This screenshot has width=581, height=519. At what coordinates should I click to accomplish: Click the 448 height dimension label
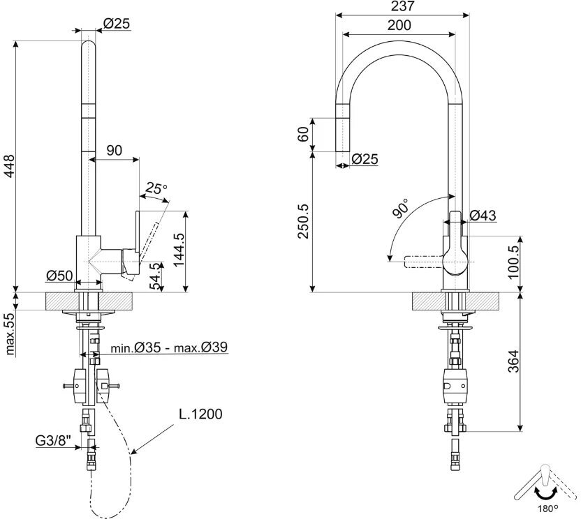point(9,165)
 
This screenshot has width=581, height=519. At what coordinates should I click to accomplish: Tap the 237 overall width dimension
point(402,6)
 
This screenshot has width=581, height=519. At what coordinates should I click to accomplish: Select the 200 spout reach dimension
point(399,25)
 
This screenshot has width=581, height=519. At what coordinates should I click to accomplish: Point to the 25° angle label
point(156,188)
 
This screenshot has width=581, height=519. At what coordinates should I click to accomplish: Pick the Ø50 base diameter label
point(59,276)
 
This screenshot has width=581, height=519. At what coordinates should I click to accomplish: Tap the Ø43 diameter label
point(483,215)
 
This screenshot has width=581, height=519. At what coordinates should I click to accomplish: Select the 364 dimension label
point(513,361)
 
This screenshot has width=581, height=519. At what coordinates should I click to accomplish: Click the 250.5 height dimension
point(304,220)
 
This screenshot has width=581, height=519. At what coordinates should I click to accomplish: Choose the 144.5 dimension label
point(179,250)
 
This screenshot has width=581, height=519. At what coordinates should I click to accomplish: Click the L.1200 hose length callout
point(201,414)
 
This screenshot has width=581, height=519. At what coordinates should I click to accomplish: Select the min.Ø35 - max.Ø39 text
point(169,347)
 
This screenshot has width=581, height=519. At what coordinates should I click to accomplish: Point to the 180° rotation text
point(548,509)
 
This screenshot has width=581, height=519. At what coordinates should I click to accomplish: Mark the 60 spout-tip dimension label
point(303,134)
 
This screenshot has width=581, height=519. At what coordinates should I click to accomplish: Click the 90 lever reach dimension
point(114,150)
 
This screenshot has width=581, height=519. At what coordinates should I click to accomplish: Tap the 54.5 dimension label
point(156,276)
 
